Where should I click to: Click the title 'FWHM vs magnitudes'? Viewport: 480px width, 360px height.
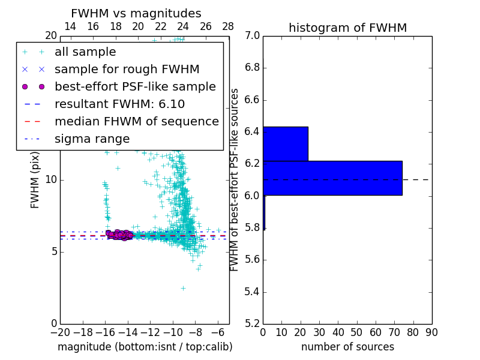(x=136, y=14)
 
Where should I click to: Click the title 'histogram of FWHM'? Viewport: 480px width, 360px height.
(x=347, y=28)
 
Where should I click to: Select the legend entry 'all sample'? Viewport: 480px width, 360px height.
(x=85, y=52)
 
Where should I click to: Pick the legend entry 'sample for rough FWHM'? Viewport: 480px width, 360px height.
(x=127, y=69)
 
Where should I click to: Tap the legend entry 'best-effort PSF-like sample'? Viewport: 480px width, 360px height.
(x=135, y=86)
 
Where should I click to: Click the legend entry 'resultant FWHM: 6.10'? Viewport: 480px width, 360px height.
(x=119, y=104)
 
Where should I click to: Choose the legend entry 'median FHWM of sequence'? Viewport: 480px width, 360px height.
(x=136, y=121)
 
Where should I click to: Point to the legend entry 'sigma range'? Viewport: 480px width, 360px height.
(x=92, y=139)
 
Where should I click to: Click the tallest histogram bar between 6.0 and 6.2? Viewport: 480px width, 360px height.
(x=332, y=178)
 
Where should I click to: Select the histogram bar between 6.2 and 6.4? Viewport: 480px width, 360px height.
(x=286, y=144)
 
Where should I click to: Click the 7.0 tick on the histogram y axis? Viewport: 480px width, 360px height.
(x=252, y=36)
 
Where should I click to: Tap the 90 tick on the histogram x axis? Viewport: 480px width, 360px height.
(x=431, y=332)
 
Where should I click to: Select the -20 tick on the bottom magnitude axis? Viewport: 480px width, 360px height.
(x=60, y=332)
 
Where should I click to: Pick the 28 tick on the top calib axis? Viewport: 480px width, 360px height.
(x=228, y=26)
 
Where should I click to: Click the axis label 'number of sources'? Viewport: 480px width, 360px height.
(x=347, y=347)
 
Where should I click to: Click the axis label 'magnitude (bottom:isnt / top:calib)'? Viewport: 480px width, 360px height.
(x=145, y=347)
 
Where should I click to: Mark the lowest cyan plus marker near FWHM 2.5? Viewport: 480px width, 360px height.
(x=183, y=288)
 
